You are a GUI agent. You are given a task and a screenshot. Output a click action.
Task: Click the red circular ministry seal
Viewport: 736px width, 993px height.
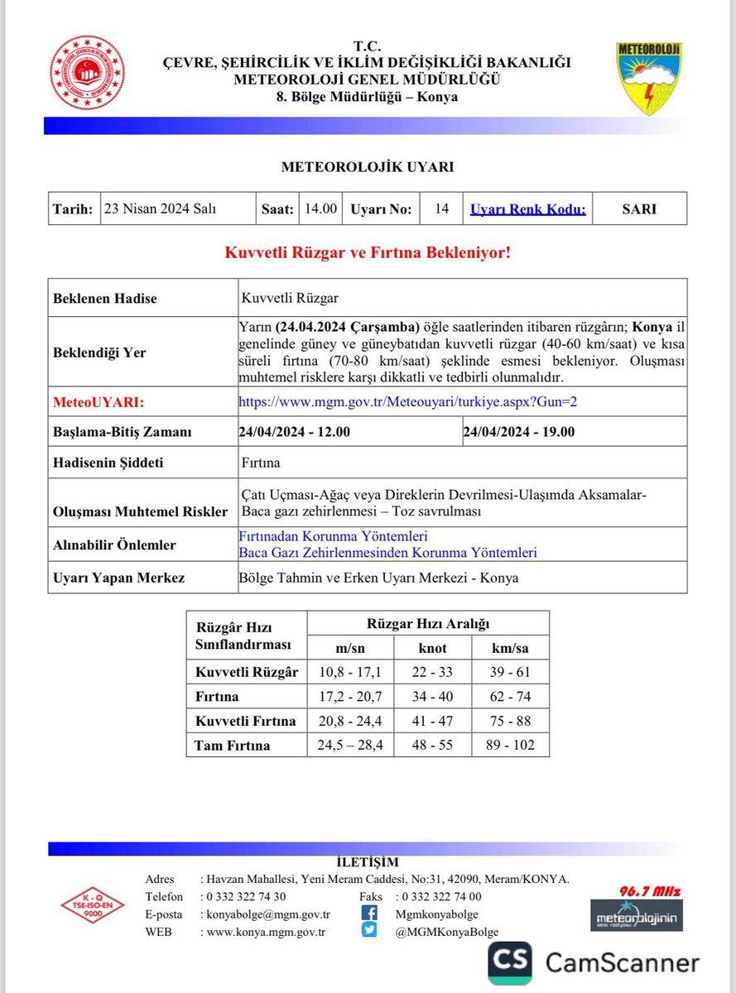(x=88, y=73)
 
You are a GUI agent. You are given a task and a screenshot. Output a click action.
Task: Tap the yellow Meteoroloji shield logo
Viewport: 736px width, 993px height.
(x=648, y=78)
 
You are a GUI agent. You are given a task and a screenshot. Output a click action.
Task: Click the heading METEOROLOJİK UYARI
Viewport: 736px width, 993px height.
(x=368, y=166)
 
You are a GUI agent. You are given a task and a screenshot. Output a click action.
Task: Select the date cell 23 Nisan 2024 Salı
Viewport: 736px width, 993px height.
(x=160, y=209)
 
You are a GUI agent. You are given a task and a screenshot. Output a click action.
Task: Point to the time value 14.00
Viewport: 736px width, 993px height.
(x=320, y=209)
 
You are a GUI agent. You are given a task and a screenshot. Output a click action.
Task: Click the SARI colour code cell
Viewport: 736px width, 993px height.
(x=639, y=209)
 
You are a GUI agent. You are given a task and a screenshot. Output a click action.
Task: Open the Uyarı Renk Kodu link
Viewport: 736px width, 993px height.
(x=527, y=209)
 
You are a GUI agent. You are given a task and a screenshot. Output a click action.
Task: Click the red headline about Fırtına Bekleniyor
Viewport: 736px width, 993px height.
(x=368, y=252)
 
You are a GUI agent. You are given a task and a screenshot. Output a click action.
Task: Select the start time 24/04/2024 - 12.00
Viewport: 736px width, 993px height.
(x=294, y=432)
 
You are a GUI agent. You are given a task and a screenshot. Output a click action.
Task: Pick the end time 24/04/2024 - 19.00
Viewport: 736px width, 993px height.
(x=519, y=432)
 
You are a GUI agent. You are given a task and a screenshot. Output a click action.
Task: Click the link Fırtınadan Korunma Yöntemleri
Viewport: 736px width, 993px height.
(x=333, y=537)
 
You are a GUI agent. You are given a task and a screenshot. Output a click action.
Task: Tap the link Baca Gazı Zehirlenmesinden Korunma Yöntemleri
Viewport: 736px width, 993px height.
(x=387, y=552)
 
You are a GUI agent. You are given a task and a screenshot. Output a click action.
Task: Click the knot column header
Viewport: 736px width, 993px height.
(x=432, y=648)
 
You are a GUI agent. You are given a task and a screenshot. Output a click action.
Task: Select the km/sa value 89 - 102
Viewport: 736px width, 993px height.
(x=510, y=745)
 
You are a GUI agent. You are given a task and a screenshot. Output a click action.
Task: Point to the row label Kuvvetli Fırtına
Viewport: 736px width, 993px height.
(x=245, y=721)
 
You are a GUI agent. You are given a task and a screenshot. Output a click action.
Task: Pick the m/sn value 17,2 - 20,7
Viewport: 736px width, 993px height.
(x=350, y=697)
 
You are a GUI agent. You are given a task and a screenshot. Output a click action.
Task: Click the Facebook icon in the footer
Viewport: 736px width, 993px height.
(x=369, y=914)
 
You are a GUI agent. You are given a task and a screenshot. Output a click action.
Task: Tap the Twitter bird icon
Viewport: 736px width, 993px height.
(x=369, y=931)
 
